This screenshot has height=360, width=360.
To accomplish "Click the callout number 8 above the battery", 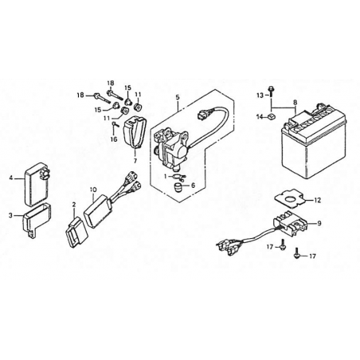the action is (x=295, y=102).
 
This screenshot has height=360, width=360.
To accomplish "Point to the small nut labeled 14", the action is (x=271, y=115).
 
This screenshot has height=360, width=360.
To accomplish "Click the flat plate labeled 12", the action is (x=290, y=199).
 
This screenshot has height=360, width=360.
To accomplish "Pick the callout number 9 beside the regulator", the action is (x=319, y=223).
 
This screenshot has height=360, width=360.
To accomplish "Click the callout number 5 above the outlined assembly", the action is (x=178, y=97).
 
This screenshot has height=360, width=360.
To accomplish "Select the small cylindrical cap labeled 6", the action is (x=178, y=186).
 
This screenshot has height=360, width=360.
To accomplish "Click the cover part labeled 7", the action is (x=135, y=131).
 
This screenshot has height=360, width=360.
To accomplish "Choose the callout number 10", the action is (x=93, y=190).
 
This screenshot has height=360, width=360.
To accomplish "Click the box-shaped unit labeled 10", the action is (x=97, y=211).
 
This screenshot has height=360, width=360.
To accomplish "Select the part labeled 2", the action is (x=76, y=233).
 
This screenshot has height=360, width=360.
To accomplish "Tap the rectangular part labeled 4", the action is (x=37, y=185).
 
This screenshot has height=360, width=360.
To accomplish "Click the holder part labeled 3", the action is (x=37, y=220).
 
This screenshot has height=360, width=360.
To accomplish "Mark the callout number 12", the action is (x=318, y=200).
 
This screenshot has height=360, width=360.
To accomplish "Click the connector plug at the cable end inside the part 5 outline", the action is (x=203, y=115).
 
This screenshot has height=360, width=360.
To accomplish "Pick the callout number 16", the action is (x=114, y=139).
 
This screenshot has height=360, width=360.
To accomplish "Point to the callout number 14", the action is (x=260, y=116).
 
